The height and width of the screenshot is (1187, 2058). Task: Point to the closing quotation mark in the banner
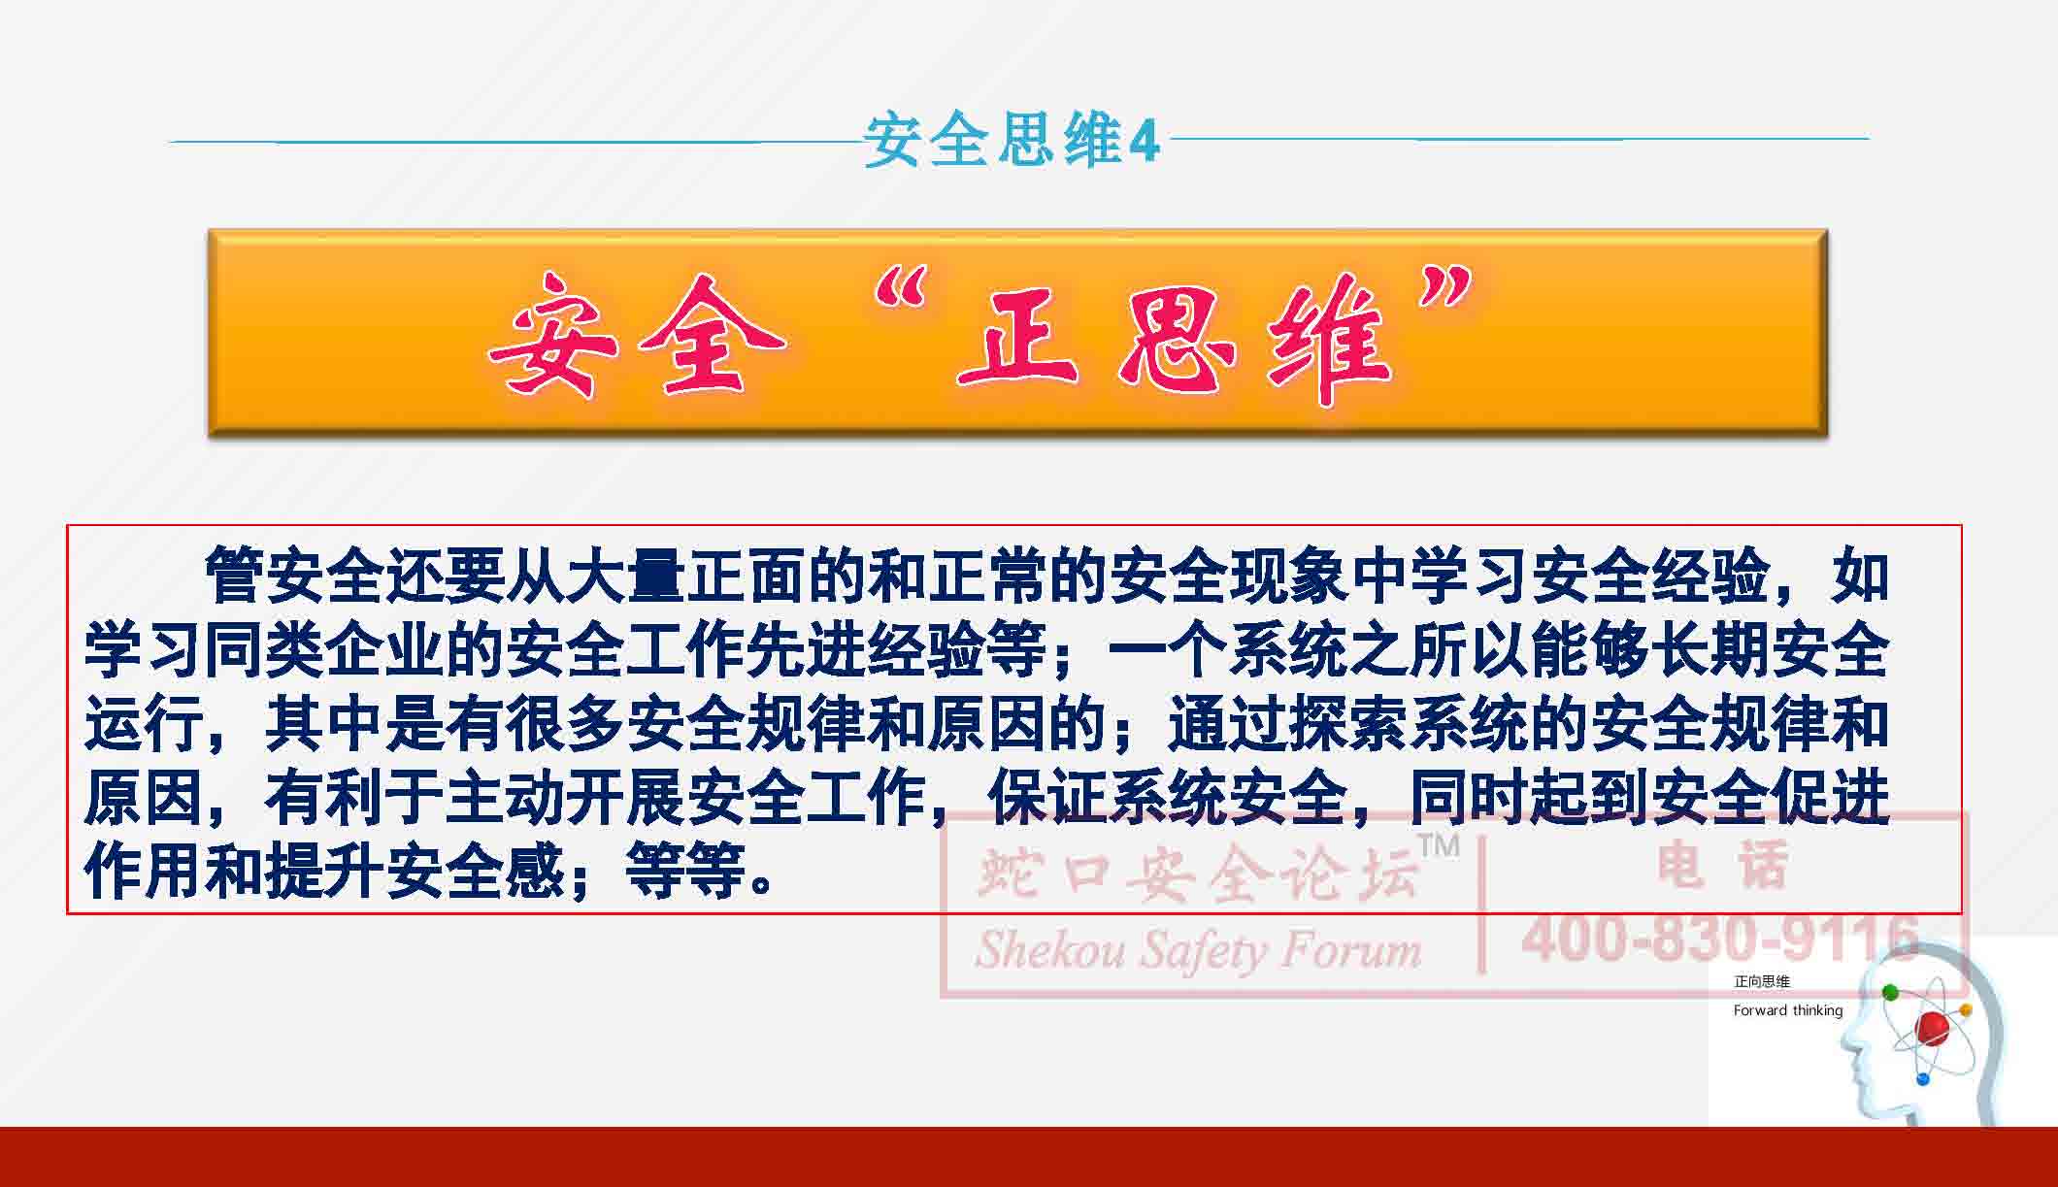1446,291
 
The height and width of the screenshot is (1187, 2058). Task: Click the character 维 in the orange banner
1328,340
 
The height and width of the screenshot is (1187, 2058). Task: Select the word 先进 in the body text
806,649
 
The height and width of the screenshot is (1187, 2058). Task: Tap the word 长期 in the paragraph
1710,649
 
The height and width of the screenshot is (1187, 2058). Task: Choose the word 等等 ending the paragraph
685,871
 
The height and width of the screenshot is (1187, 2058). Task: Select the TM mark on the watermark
1440,845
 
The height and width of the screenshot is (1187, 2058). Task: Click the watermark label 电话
1724,865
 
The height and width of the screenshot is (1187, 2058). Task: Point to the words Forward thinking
1788,1010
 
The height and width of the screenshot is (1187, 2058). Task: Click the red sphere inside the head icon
1933,1025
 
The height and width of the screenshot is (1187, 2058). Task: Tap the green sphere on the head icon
1890,992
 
